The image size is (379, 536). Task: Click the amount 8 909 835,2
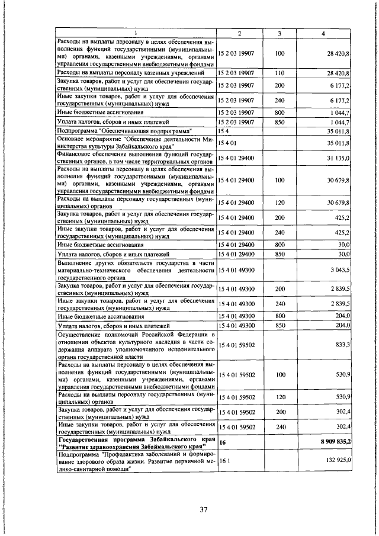336,442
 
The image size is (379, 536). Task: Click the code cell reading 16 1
224,459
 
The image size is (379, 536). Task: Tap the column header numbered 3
279,33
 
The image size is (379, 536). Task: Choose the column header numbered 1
136,33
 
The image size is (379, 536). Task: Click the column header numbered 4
323,33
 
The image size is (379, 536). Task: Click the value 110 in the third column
280,73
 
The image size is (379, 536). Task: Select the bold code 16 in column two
223,442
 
